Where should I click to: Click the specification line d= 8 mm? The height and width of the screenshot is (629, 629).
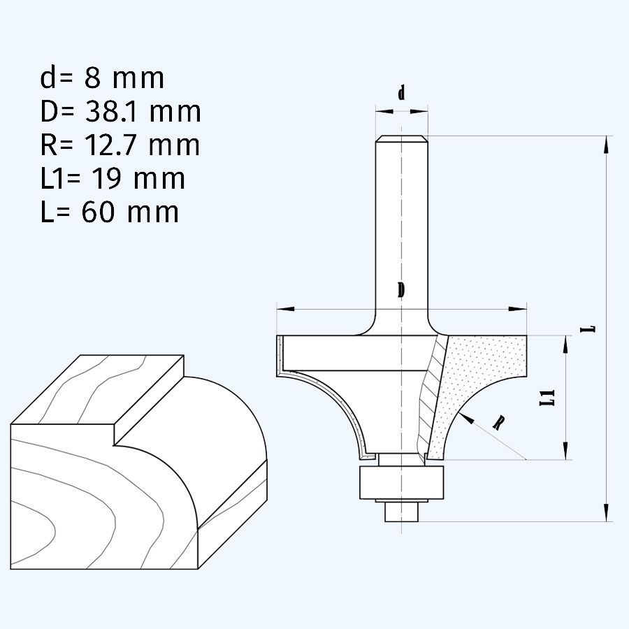tap(102, 78)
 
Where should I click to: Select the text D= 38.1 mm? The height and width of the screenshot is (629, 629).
tap(120, 112)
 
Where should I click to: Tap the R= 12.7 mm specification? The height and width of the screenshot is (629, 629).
tap(120, 145)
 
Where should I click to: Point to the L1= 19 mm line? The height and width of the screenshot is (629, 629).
tap(113, 178)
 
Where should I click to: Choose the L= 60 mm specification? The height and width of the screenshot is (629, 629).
tap(110, 211)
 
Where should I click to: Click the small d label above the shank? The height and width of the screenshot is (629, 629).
tap(401, 93)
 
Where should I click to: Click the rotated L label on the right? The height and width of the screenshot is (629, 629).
tap(591, 327)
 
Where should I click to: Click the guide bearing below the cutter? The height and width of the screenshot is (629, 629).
tap(401, 482)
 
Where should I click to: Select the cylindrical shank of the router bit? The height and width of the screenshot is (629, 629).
tap(401, 224)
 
